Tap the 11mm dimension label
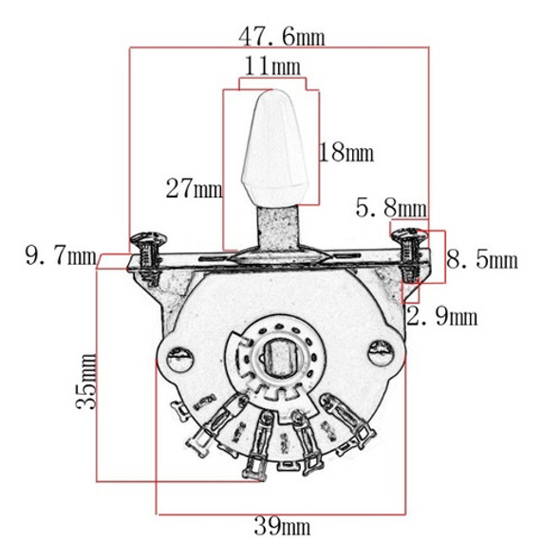tap(272, 66)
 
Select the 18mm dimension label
tap(346, 152)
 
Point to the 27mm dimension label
tap(193, 188)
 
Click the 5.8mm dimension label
tap(391, 206)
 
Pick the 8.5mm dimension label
tap(481, 259)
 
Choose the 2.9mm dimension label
tap(441, 316)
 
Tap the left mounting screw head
tap(147, 235)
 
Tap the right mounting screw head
tap(408, 231)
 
